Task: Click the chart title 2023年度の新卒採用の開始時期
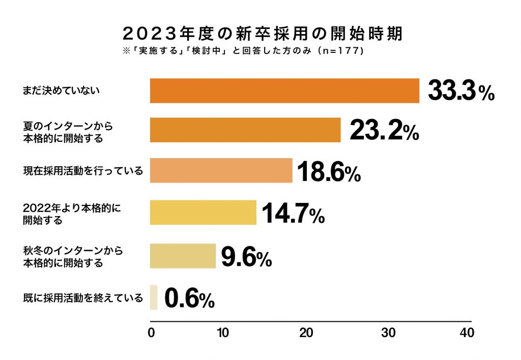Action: point(262,34)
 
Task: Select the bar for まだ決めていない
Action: point(284,91)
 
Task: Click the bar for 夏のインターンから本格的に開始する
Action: point(245,130)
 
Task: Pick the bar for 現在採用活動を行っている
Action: point(221,170)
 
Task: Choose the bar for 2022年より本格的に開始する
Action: point(203,213)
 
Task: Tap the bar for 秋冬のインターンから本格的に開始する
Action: point(183,256)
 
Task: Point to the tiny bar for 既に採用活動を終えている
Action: point(154,297)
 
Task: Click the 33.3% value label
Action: point(461,92)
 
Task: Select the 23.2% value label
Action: point(384,131)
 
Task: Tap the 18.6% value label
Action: point(329,171)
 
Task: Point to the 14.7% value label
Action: point(293,214)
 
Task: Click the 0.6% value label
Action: point(190,298)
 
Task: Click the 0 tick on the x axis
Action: point(151,333)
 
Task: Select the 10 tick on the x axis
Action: point(222,333)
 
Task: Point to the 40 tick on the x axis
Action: point(467,333)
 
